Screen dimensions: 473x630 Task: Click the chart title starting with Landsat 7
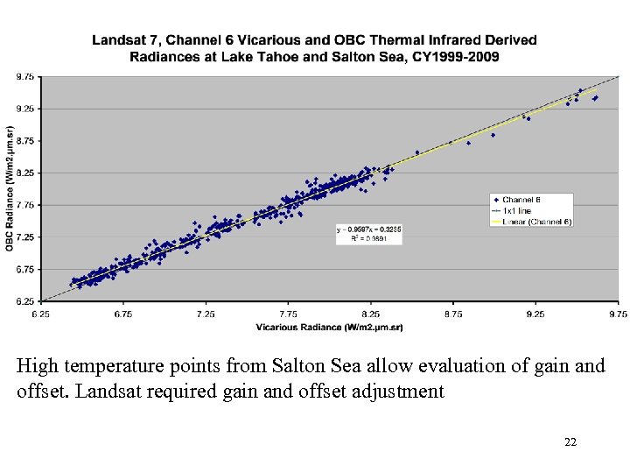coord(315,48)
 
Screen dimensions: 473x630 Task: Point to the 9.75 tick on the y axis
coord(25,77)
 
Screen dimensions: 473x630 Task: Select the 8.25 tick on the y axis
coord(25,173)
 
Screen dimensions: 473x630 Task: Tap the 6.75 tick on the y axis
coord(25,270)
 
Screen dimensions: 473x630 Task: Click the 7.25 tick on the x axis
coord(206,313)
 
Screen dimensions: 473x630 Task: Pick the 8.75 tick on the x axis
coord(453,313)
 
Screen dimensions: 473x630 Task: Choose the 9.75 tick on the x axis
coord(618,313)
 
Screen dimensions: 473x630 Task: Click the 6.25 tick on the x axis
coord(41,313)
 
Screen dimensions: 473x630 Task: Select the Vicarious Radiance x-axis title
coord(329,327)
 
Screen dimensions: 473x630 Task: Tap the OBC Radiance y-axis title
coord(10,188)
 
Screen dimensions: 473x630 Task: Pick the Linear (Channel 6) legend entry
coord(536,222)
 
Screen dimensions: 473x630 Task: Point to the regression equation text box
coord(368,233)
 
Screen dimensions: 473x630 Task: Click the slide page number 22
coord(570,442)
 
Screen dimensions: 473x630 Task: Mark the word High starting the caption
coord(36,366)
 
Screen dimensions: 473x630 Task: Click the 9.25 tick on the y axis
coord(25,109)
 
